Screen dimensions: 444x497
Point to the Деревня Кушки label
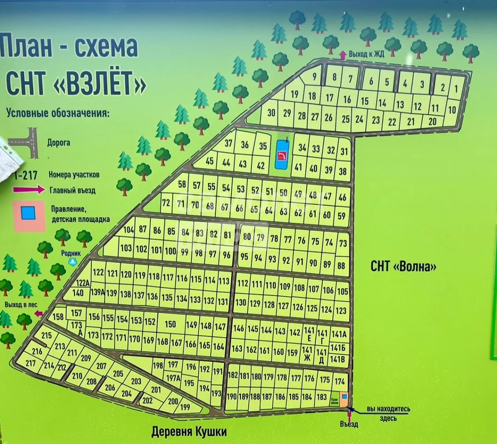click(189, 431)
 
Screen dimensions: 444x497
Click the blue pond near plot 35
click(281, 154)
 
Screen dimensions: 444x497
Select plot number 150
click(170, 324)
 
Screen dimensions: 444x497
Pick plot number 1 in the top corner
click(456, 88)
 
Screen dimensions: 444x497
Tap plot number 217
click(31, 363)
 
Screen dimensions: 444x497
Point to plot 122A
click(83, 283)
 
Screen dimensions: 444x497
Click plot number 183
click(322, 397)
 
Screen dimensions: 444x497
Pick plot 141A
click(340, 334)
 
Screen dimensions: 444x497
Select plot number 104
click(128, 230)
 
